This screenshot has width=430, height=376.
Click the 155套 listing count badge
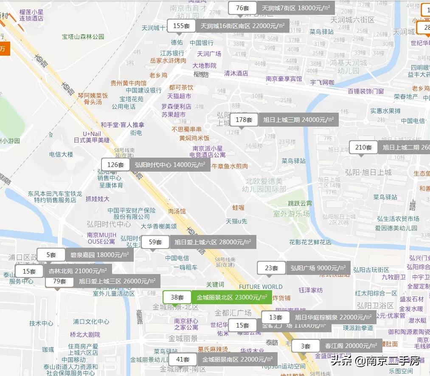[x=181, y=26]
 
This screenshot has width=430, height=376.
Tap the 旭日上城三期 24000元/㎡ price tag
[x=298, y=120]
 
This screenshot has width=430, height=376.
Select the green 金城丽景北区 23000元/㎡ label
[x=232, y=297]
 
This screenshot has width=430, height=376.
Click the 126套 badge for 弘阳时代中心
[x=115, y=165]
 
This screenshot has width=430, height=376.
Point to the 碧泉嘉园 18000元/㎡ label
[x=99, y=255]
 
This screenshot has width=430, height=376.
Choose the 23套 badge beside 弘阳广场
[x=271, y=268]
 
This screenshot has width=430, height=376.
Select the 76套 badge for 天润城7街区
[x=242, y=8]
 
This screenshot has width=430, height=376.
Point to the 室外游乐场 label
[x=292, y=214]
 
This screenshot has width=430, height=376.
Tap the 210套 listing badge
[x=363, y=147]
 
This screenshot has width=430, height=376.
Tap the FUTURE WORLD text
[x=261, y=287]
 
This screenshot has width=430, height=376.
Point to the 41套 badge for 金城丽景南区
[x=183, y=359]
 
